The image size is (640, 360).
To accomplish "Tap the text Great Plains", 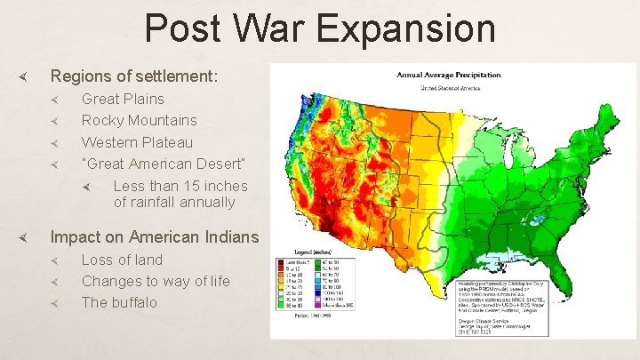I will point(123,99).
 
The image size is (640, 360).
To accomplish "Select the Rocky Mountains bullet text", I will point(140,120).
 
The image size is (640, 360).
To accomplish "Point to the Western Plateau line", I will point(137,142).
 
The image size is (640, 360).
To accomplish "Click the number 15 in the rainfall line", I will point(190,186).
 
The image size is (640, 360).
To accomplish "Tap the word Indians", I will point(230,237).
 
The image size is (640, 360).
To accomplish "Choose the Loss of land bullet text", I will point(122,260).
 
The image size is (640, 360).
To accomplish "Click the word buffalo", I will point(133,302).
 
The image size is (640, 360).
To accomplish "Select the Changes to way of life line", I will point(156,281).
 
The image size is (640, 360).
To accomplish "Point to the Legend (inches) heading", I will point(300,253).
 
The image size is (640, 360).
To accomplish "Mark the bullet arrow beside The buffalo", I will point(54,303).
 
